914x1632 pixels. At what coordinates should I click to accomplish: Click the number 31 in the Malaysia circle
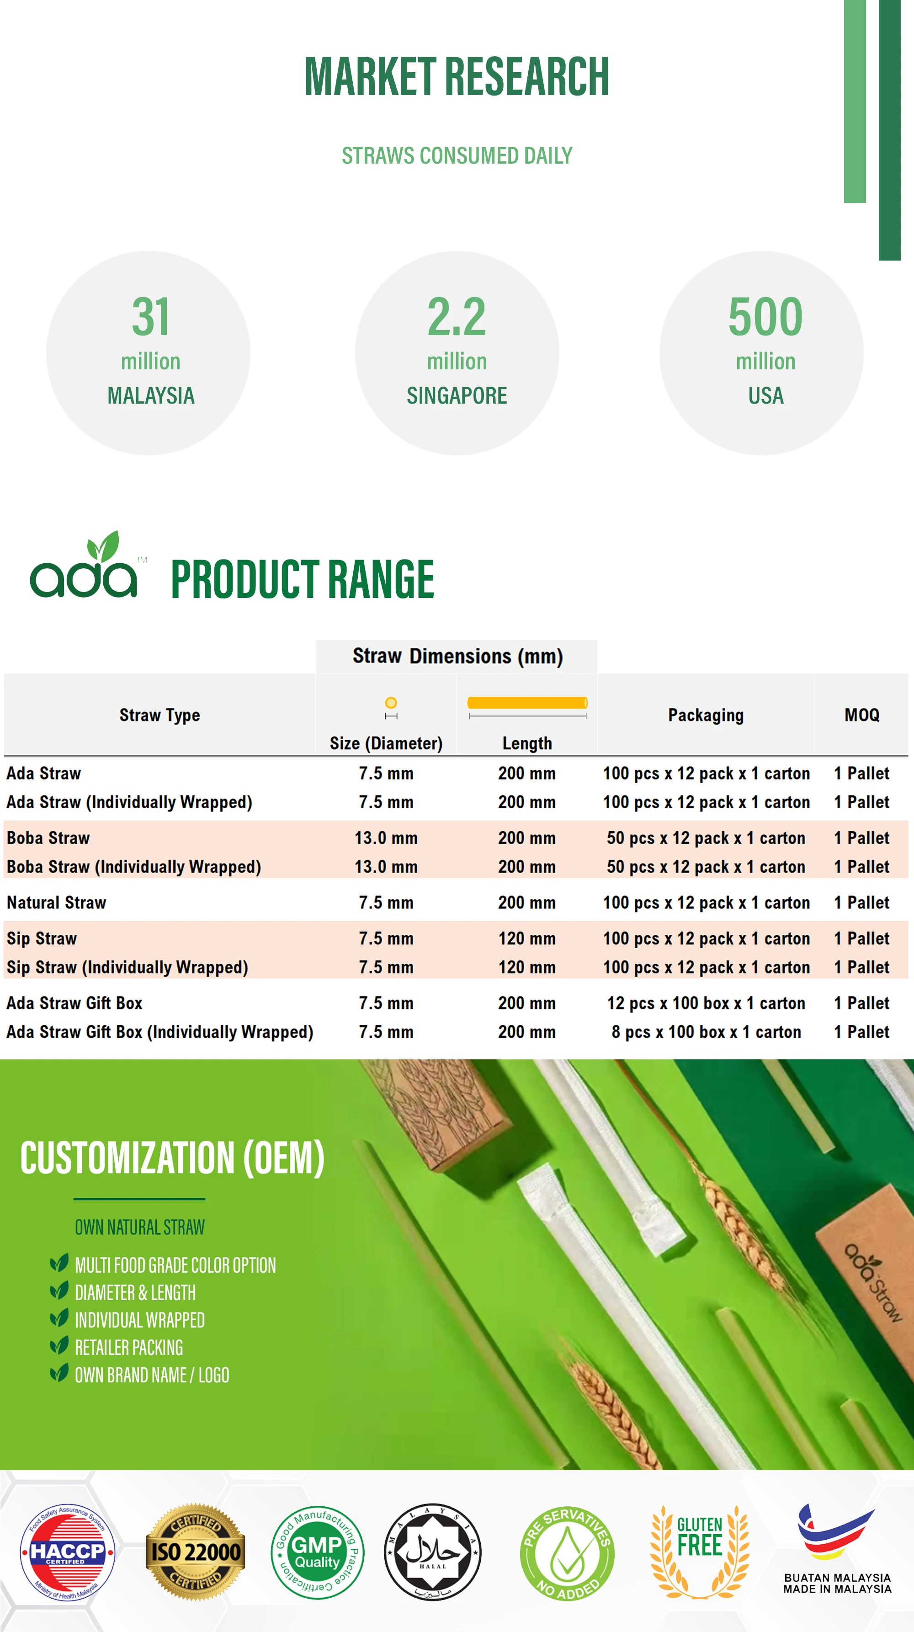coord(151,317)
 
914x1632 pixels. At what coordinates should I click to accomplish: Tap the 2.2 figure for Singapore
coord(457,317)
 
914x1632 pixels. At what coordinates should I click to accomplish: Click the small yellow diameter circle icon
coord(391,703)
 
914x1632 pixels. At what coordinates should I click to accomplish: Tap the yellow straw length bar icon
coord(527,703)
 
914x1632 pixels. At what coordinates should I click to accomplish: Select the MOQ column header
coord(861,715)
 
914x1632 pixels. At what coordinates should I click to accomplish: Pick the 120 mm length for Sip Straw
coord(526,938)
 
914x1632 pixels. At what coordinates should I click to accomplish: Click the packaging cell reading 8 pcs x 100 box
coord(706,1032)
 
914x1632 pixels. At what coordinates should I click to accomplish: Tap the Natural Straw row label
coord(56,903)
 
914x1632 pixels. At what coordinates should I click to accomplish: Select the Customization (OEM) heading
coord(172,1158)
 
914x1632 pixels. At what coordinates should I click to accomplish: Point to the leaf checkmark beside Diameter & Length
coord(59,1291)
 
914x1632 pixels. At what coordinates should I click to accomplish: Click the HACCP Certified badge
coord(67,1552)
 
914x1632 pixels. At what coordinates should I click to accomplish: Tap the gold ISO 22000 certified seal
coord(196,1552)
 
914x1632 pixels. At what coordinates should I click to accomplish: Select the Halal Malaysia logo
coord(433,1552)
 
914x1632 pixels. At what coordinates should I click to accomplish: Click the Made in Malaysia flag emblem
coord(836,1533)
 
